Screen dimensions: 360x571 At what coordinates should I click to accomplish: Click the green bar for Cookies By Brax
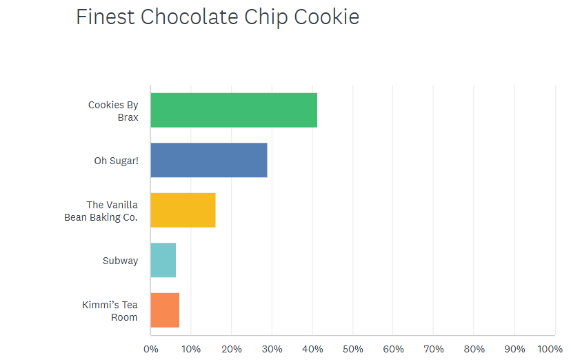(234, 110)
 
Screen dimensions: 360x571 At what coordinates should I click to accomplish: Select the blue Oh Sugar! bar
(209, 161)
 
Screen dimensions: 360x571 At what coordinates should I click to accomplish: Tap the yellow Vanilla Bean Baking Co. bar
(183, 210)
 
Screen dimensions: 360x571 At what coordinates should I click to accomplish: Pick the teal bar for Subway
(163, 260)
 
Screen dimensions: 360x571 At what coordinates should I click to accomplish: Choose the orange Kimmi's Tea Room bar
(165, 310)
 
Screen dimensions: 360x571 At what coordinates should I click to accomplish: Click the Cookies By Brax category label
(113, 111)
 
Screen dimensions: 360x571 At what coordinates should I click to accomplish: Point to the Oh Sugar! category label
(116, 161)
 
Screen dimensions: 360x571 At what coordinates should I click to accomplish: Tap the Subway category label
(120, 261)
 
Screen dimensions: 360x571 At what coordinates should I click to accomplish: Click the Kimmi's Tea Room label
(110, 311)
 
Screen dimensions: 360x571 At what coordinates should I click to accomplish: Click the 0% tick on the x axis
(150, 349)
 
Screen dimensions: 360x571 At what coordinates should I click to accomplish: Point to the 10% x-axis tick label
(191, 349)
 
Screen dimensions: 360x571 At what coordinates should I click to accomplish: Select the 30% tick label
(272, 349)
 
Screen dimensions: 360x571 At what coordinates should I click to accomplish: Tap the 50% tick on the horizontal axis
(353, 349)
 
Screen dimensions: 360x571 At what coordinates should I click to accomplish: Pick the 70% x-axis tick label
(434, 349)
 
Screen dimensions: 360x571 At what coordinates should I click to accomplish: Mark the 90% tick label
(514, 349)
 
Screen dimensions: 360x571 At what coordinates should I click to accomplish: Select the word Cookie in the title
(327, 17)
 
